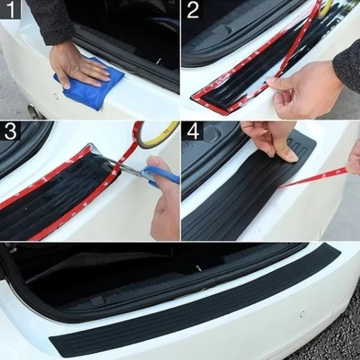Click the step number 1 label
click(11, 10)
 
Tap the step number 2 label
click(192, 10)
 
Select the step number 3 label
click(11, 131)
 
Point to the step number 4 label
click(192, 131)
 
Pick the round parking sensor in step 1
click(56, 96)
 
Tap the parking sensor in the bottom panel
click(302, 314)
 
